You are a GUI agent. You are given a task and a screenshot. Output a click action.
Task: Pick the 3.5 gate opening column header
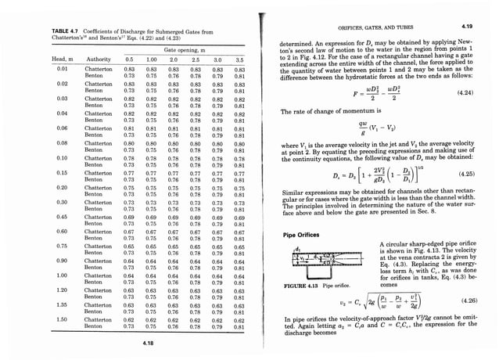point(239,59)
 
